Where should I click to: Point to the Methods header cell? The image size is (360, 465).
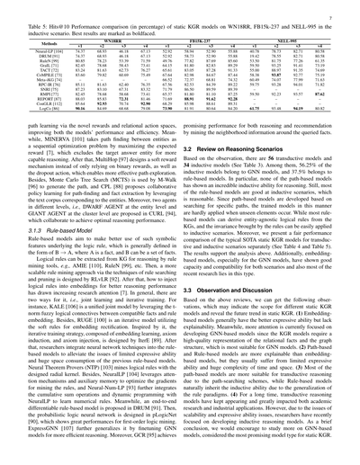[x=36, y=45]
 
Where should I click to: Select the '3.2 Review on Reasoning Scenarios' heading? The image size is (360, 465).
[x=236, y=147]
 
